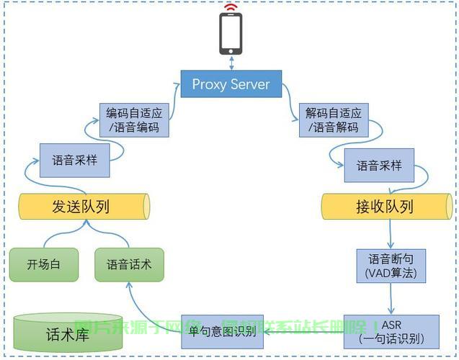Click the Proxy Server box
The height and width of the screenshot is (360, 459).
[231, 84]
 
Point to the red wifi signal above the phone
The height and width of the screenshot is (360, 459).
[231, 9]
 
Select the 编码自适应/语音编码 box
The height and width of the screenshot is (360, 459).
[134, 120]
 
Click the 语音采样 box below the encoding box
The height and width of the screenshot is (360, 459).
[76, 161]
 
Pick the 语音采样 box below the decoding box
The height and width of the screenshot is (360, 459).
[379, 166]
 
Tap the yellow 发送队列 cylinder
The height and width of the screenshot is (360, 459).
[84, 207]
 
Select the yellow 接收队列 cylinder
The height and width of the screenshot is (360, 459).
[387, 207]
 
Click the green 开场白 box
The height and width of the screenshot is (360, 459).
[43, 264]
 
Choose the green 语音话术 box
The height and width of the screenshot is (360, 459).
[129, 264]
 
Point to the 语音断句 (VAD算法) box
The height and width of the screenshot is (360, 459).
[391, 266]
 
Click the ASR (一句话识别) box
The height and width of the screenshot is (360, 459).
[391, 332]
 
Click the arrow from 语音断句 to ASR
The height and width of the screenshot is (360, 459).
[391, 298]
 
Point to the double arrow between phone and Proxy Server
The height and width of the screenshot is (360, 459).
[231, 63]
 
